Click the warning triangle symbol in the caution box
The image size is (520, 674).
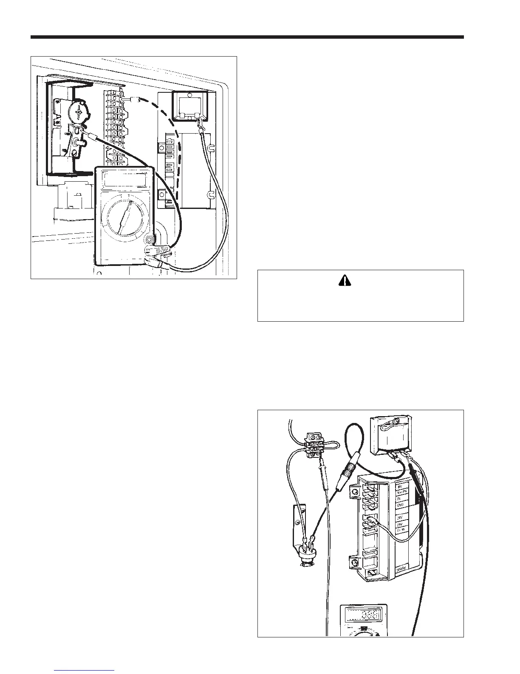[360, 280]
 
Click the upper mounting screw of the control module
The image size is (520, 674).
[354, 493]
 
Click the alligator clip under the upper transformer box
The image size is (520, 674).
[199, 124]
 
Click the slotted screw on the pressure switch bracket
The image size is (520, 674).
[299, 522]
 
